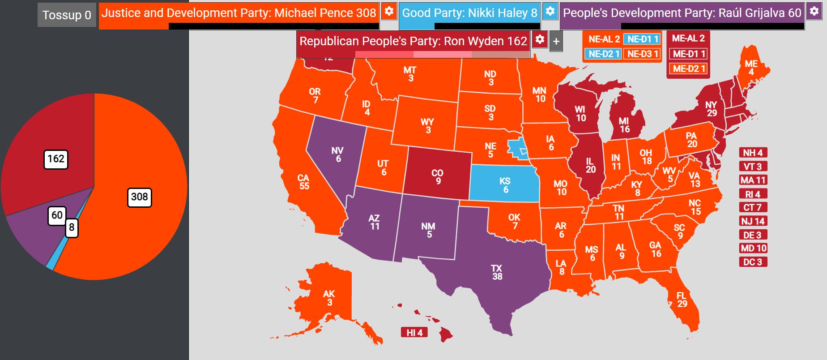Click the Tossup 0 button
point(67,15)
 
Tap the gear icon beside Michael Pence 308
point(389,11)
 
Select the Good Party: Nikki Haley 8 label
point(469,13)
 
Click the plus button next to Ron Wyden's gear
point(556,42)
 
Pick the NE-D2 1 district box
point(604,54)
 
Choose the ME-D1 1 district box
point(689,54)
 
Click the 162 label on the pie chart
point(56,159)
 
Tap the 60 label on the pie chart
point(57,215)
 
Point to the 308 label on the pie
point(139,197)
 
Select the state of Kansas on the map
point(505,184)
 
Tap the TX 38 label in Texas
point(497,272)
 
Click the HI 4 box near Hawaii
point(414,333)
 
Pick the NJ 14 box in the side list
point(753,221)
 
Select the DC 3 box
point(753,262)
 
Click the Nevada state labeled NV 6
point(337,154)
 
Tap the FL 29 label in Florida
point(682,300)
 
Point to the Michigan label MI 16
point(624,125)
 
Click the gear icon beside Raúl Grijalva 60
point(814,11)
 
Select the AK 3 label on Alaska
point(329,298)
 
